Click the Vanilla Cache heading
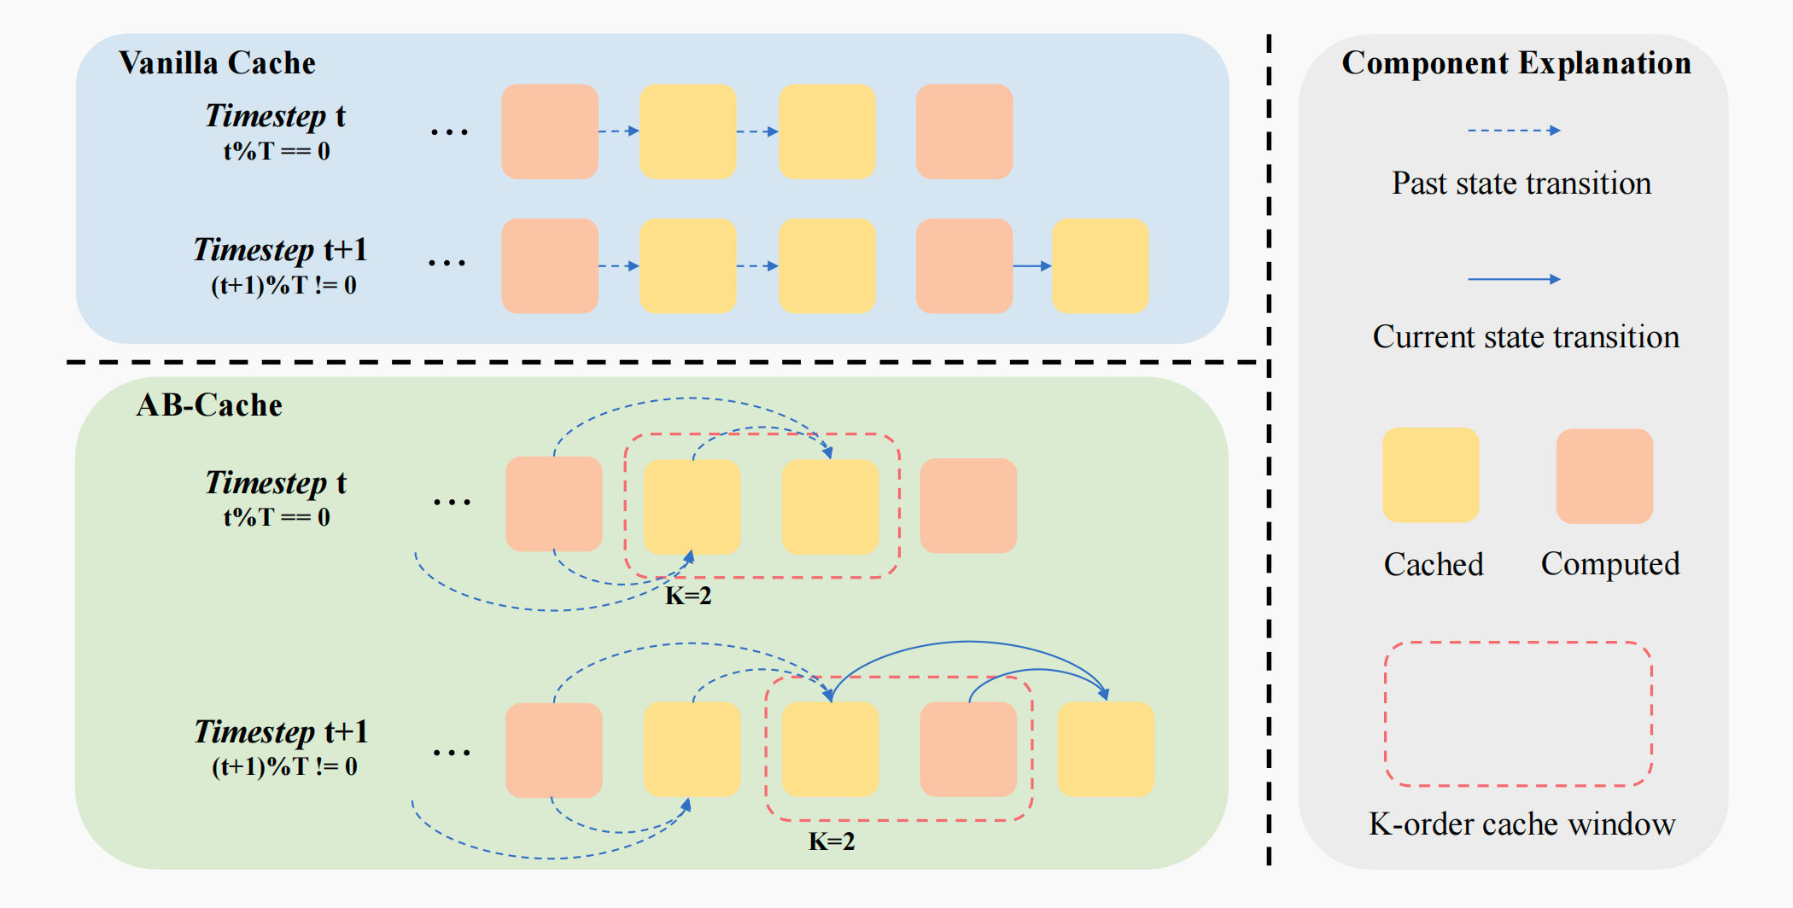point(217,63)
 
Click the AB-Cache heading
point(209,405)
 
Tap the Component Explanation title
point(1516,63)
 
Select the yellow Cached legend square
point(1430,475)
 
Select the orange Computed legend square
point(1604,475)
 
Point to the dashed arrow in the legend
point(1514,131)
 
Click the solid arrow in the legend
point(1514,279)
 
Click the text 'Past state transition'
point(1521,183)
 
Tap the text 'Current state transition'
point(1526,337)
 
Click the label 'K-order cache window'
point(1521,824)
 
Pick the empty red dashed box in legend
point(1518,713)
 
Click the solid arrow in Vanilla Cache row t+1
point(1031,266)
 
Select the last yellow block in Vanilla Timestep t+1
point(1100,265)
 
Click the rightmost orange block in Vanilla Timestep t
point(964,131)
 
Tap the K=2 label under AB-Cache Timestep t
point(688,596)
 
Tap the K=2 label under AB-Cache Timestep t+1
point(832,841)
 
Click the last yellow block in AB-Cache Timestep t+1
point(1106,749)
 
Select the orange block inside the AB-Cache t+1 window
point(968,749)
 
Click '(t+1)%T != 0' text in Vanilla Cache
point(283,285)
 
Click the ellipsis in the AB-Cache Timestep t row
point(452,502)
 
